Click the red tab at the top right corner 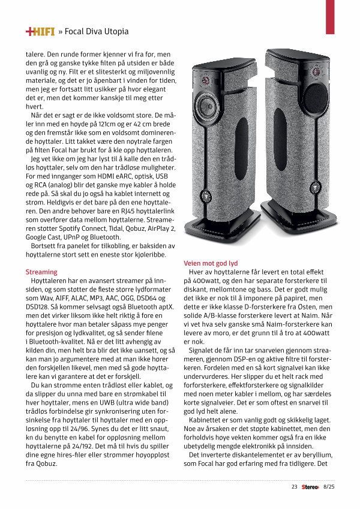[329, 16]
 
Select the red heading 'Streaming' [41, 272]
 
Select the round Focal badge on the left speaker [206, 195]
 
